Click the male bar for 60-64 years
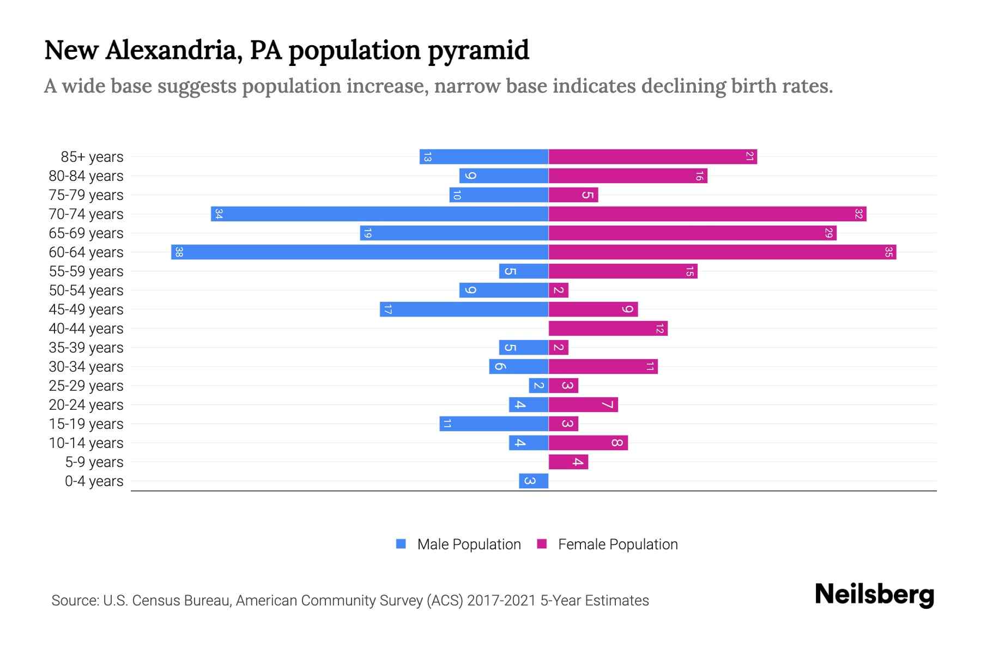pyautogui.click(x=360, y=252)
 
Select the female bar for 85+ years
pyautogui.click(x=652, y=157)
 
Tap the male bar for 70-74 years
pyautogui.click(x=379, y=214)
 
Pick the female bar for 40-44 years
pyautogui.click(x=608, y=329)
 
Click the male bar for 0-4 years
pyautogui.click(x=534, y=481)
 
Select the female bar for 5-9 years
pyautogui.click(x=568, y=462)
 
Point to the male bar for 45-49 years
pyautogui.click(x=464, y=310)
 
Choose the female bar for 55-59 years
pyautogui.click(x=622, y=271)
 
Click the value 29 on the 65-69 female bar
pyautogui.click(x=828, y=233)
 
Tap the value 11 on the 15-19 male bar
pyautogui.click(x=447, y=424)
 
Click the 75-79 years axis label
pyautogui.click(x=86, y=195)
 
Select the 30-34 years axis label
pyautogui.click(x=86, y=367)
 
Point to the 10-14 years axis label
pyautogui.click(x=86, y=443)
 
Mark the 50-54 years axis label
pyautogui.click(x=86, y=290)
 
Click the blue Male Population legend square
pyautogui.click(x=401, y=544)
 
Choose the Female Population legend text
pyautogui.click(x=617, y=544)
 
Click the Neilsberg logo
pyautogui.click(x=874, y=595)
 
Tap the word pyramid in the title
pyautogui.click(x=478, y=51)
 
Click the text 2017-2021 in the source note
pyautogui.click(x=501, y=601)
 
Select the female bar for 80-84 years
pyautogui.click(x=627, y=176)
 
